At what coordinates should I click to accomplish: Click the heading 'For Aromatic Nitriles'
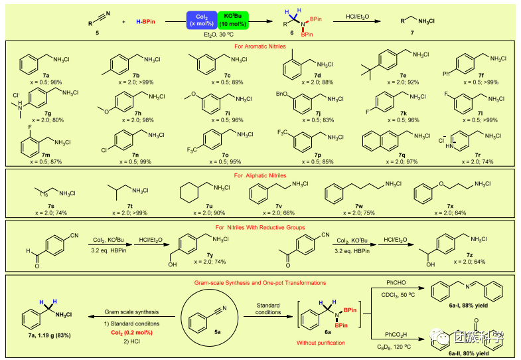260,46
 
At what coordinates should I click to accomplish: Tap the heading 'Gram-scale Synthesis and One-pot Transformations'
260,282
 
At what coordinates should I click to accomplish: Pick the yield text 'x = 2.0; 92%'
393,82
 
